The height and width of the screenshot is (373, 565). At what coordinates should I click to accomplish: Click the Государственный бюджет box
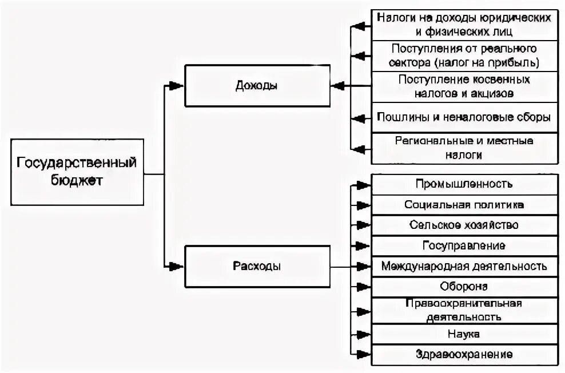click(77, 172)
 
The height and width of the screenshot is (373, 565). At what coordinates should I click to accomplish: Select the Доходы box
click(257, 86)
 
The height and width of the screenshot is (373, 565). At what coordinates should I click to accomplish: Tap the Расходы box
click(257, 266)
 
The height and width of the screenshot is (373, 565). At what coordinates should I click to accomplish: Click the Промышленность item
click(464, 184)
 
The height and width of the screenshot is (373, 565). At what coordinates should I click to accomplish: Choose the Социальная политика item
click(464, 205)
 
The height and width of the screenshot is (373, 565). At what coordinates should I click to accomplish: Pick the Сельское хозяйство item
click(464, 225)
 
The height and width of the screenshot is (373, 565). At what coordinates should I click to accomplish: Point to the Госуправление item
click(464, 246)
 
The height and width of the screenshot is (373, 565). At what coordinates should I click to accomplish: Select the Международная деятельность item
click(464, 266)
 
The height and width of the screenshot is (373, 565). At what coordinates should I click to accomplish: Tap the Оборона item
click(464, 287)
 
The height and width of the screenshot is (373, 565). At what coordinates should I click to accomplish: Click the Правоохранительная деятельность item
click(464, 309)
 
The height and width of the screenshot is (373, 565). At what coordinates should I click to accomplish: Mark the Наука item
click(464, 334)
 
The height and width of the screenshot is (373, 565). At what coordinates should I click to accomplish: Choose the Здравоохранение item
click(464, 354)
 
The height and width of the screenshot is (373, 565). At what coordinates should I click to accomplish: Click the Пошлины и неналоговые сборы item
click(464, 118)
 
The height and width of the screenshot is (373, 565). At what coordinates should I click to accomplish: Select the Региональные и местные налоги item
click(464, 147)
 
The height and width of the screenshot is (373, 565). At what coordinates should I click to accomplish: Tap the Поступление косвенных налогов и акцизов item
click(464, 85)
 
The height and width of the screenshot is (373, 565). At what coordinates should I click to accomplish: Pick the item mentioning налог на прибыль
click(464, 55)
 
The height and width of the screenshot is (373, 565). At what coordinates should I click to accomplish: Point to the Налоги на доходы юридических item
click(464, 25)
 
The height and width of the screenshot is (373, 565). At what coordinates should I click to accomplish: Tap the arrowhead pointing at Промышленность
click(362, 185)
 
